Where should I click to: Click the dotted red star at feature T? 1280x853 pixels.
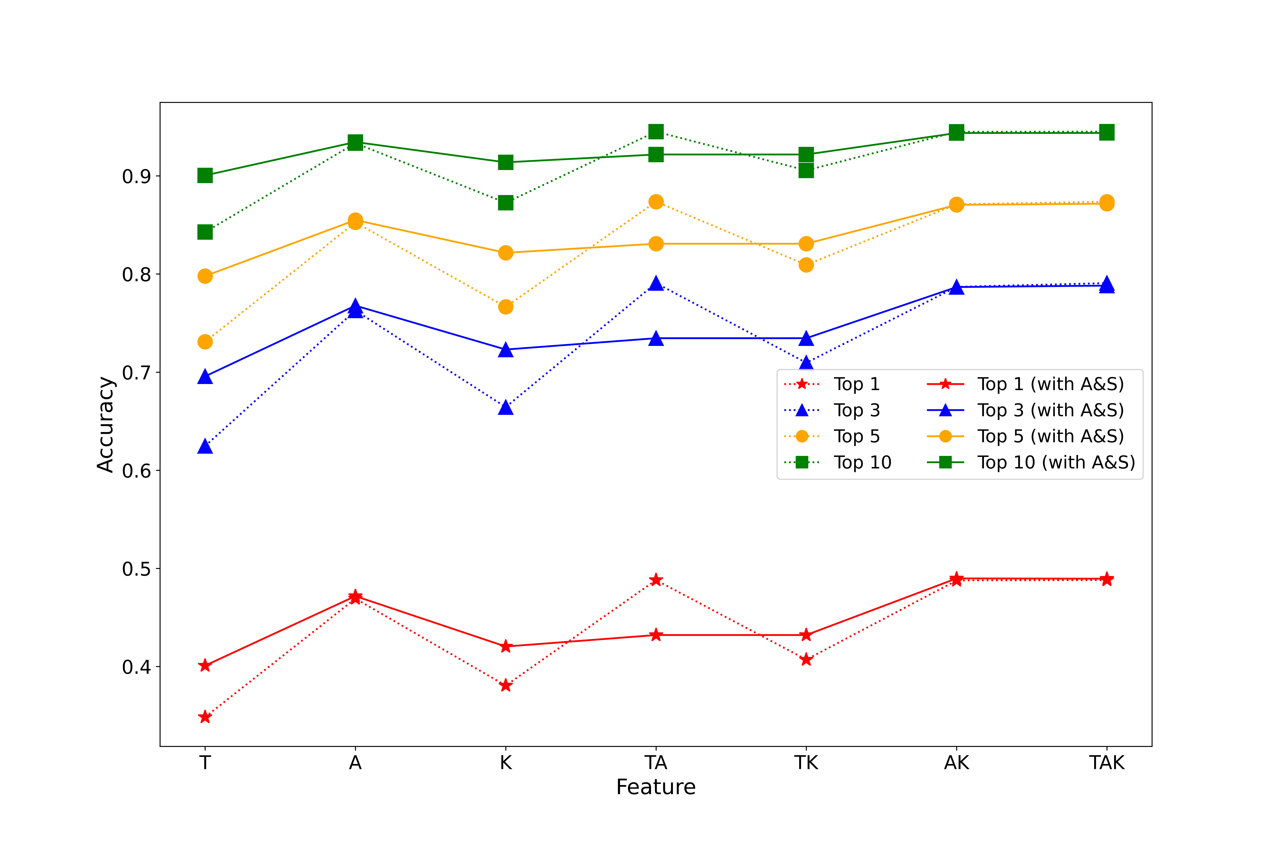(x=205, y=717)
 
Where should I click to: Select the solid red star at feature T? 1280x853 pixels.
(x=205, y=665)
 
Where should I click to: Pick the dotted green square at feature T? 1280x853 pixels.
(x=205, y=232)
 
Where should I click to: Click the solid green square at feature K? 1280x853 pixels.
(x=506, y=162)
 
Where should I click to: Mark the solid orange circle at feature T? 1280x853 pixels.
(x=205, y=276)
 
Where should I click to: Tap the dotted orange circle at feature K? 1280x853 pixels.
(x=506, y=307)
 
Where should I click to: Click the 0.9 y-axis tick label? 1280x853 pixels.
(x=136, y=176)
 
